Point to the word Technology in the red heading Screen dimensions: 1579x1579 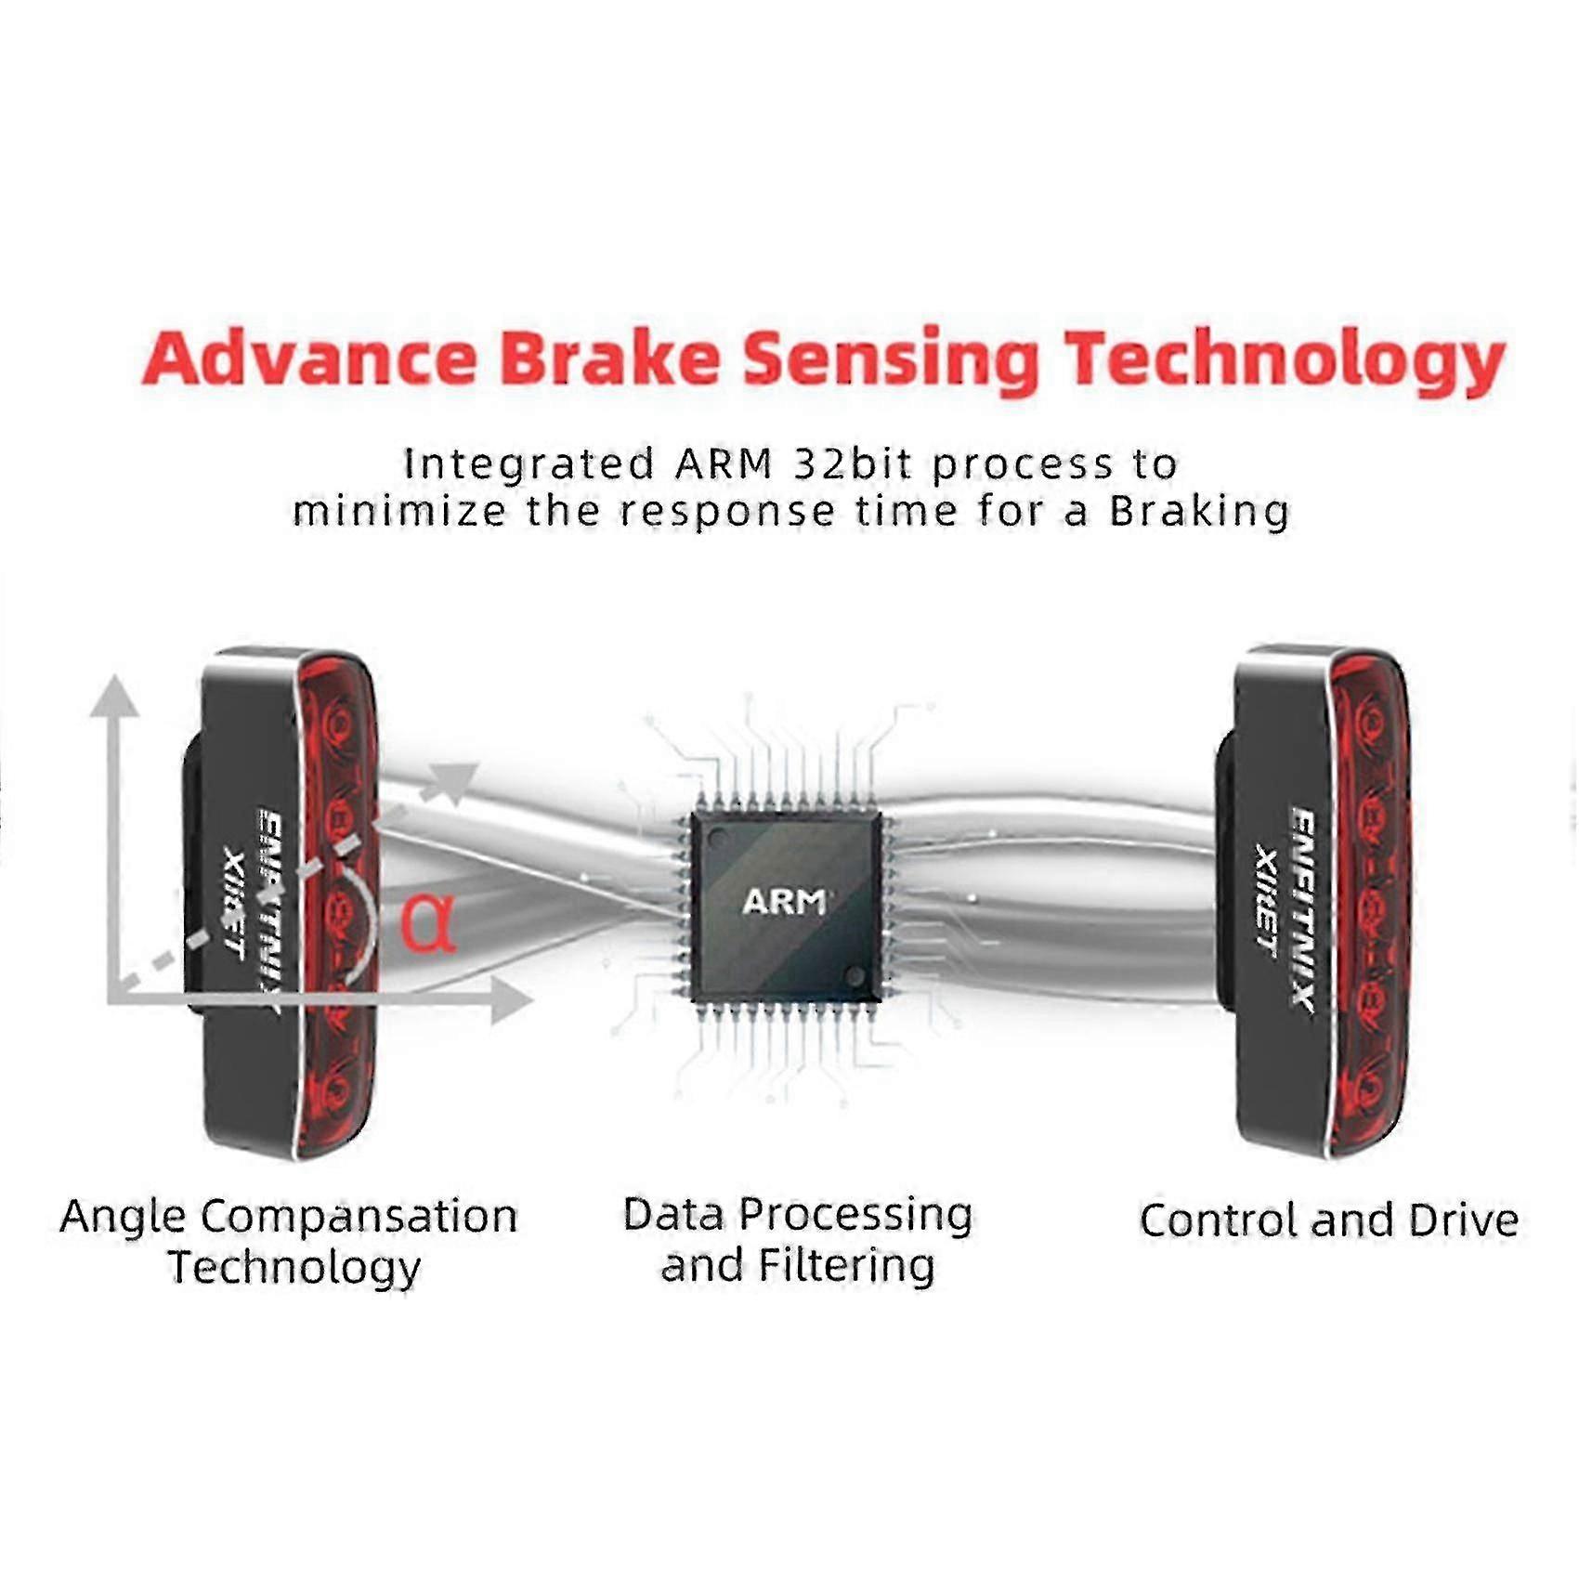tap(1283, 364)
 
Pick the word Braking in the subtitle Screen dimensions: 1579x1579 tap(1199, 512)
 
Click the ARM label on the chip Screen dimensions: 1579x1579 tap(784, 901)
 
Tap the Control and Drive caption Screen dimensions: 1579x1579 tap(1328, 1220)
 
